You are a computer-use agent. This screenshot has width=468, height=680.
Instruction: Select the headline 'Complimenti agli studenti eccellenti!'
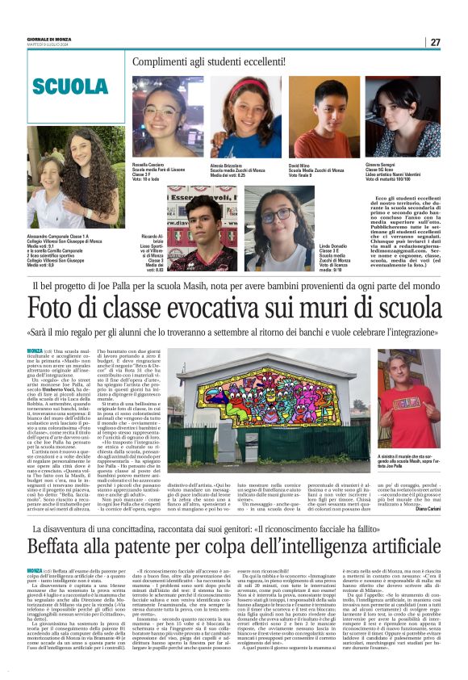click(212, 62)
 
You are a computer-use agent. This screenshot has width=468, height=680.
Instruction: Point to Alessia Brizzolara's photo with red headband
click(245, 117)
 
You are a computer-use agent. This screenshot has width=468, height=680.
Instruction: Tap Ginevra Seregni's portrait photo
click(406, 117)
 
